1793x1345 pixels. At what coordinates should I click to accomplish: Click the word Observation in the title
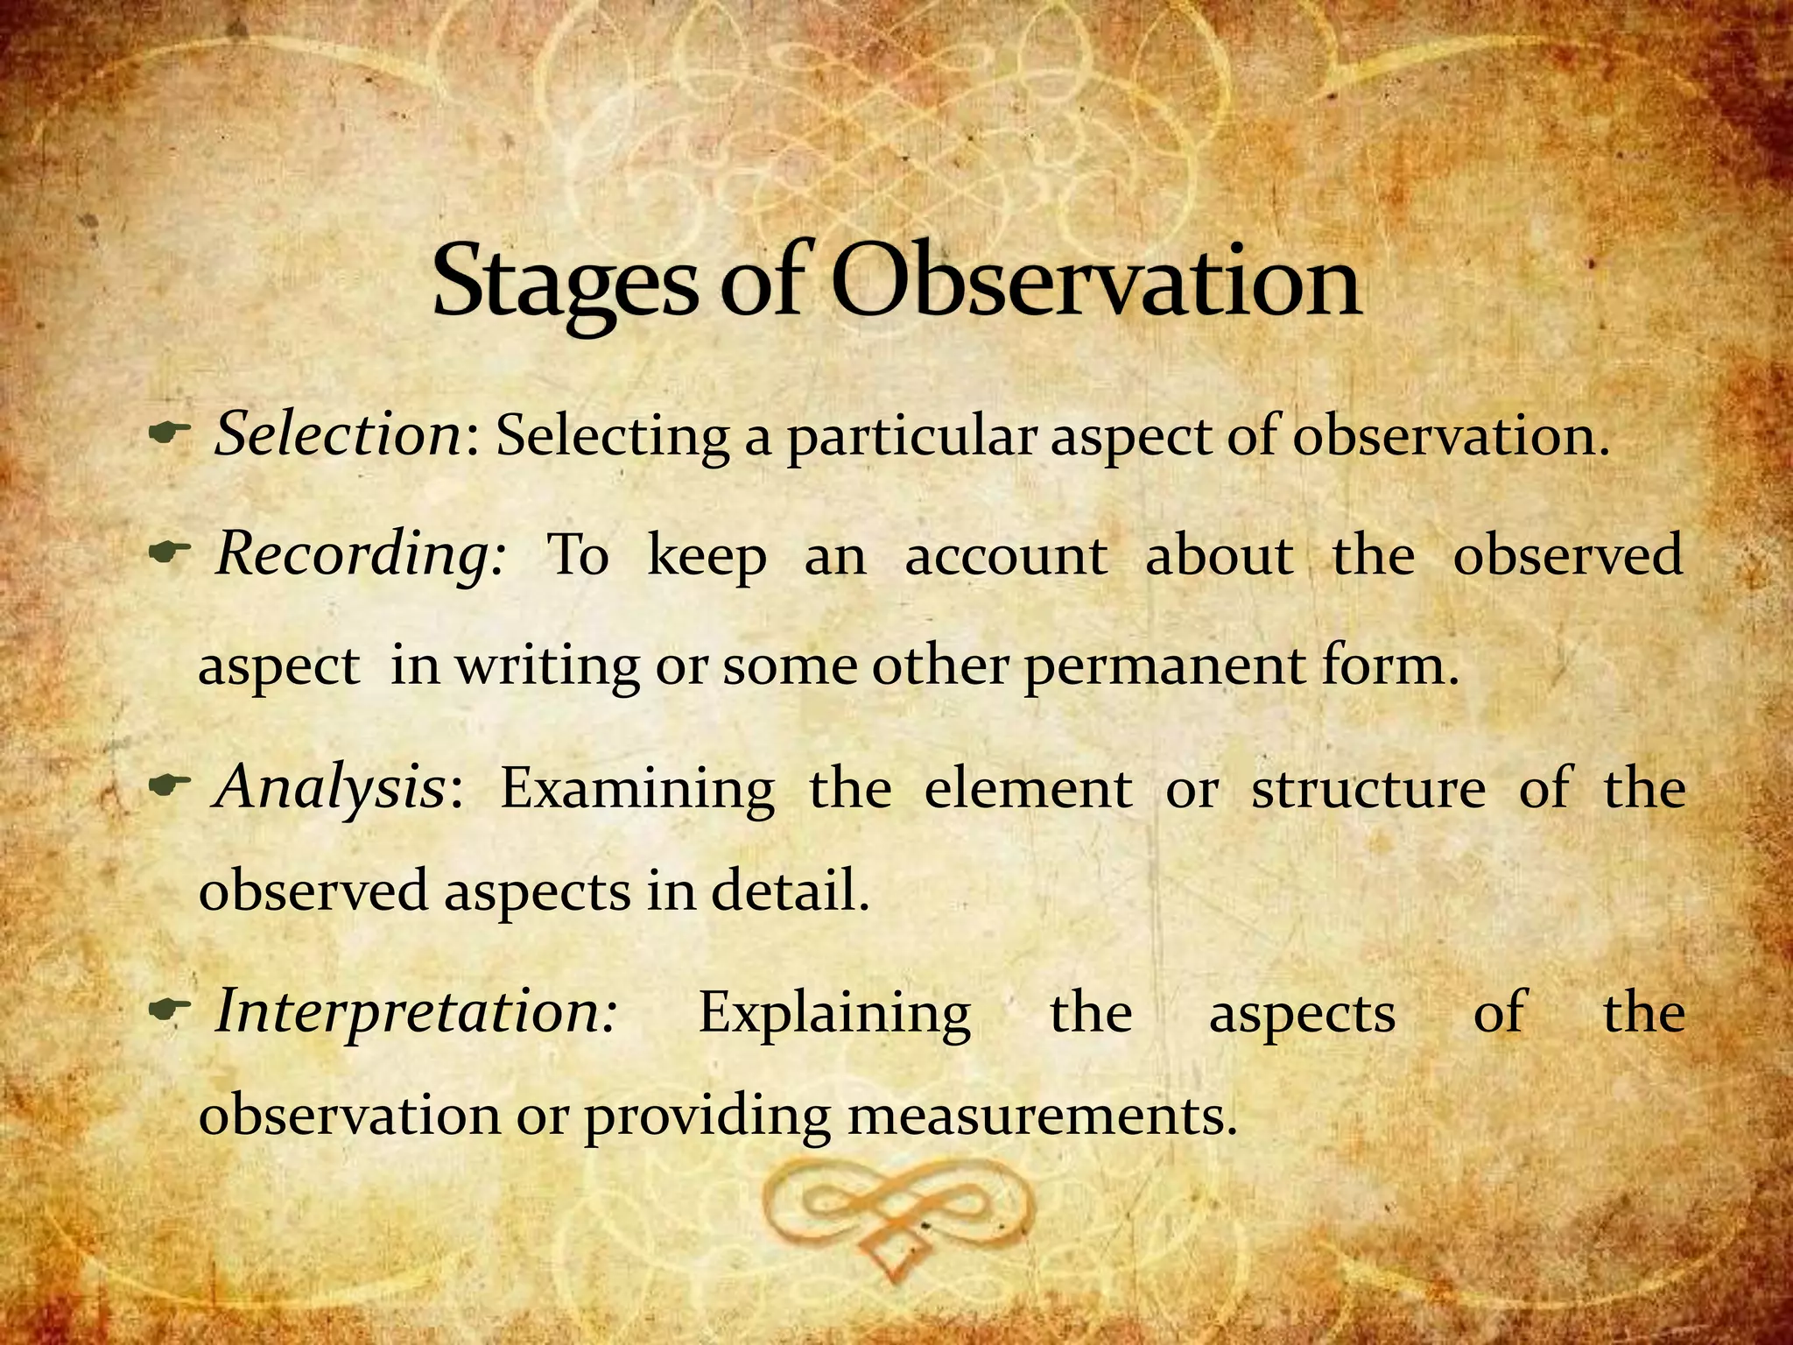click(1094, 282)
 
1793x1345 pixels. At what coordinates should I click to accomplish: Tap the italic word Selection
click(339, 434)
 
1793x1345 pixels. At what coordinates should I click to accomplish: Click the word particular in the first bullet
click(911, 437)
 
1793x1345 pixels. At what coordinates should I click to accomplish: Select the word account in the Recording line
click(1006, 557)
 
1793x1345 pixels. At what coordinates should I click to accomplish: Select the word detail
click(790, 891)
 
